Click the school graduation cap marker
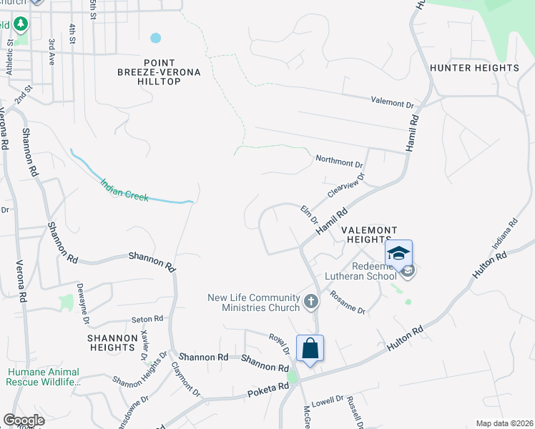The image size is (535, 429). coord(399,253)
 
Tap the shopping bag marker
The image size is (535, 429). coord(310,349)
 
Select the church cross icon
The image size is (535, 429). coord(310,302)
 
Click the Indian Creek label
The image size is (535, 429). coord(124,189)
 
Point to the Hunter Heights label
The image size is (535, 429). coord(474,68)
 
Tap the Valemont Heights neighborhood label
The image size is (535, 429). coord(368,235)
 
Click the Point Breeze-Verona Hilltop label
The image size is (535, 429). coord(162,72)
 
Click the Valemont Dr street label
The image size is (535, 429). coord(392,102)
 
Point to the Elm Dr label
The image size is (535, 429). coord(308,214)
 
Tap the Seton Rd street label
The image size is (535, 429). coord(147,319)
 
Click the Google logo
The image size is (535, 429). coord(24,420)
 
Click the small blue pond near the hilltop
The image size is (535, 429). coord(155,37)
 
